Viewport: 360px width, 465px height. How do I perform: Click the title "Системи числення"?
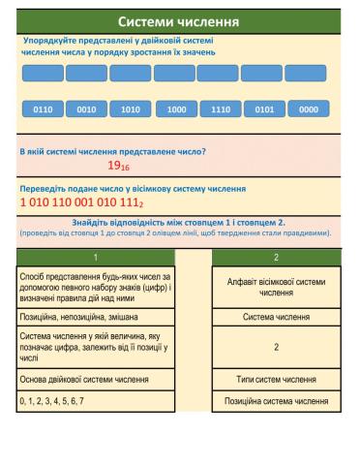pyautogui.click(x=179, y=21)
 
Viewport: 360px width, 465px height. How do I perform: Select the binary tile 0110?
pyautogui.click(x=43, y=109)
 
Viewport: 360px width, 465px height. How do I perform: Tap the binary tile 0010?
pyautogui.click(x=87, y=109)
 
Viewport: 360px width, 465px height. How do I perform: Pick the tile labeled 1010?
pyautogui.click(x=132, y=109)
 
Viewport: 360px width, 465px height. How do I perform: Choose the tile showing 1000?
pyautogui.click(x=176, y=109)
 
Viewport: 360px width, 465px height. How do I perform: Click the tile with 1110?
pyautogui.click(x=220, y=109)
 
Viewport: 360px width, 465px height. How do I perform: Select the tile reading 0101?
pyautogui.click(x=264, y=109)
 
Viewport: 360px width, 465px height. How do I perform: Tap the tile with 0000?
pyautogui.click(x=309, y=109)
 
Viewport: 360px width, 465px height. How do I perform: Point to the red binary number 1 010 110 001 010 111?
pyautogui.click(x=81, y=204)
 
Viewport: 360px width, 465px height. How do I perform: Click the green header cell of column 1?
pyautogui.click(x=95, y=257)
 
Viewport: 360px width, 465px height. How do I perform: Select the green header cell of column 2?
pyautogui.click(x=276, y=257)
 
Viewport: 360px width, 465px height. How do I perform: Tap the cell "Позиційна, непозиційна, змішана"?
pyautogui.click(x=95, y=317)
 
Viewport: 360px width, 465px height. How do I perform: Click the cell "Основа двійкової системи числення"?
pyautogui.click(x=95, y=379)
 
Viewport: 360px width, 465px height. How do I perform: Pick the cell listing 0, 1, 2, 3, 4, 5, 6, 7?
pyautogui.click(x=95, y=400)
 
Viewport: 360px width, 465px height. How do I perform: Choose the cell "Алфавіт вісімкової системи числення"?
pyautogui.click(x=276, y=287)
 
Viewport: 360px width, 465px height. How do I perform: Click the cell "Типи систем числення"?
pyautogui.click(x=276, y=379)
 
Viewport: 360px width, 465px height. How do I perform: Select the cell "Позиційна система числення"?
pyautogui.click(x=276, y=400)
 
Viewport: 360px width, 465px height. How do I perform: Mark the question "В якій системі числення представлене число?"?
pyautogui.click(x=113, y=151)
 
